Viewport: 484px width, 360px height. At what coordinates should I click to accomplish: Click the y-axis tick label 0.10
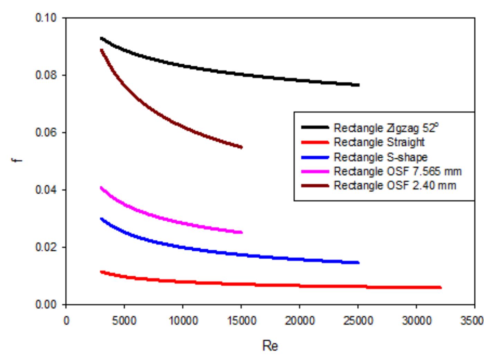coord(46,18)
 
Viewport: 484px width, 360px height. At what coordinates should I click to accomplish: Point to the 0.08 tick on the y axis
coord(46,75)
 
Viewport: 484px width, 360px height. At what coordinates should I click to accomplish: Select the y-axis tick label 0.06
coord(46,133)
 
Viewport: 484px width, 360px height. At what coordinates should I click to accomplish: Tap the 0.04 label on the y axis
coord(46,190)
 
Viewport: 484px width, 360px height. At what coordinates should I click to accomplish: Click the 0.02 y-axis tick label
coord(46,248)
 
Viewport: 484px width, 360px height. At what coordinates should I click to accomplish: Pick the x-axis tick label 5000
coord(124,321)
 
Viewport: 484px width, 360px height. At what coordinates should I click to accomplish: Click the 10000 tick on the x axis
coord(183,321)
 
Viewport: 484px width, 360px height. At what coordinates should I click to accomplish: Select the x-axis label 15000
coord(241,321)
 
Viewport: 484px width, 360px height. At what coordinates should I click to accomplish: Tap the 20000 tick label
coord(300,321)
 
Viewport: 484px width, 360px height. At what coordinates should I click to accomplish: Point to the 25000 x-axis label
coord(358,321)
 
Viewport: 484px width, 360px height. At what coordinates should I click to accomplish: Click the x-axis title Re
coord(270,346)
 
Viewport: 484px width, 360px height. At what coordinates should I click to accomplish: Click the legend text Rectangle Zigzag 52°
coord(386,128)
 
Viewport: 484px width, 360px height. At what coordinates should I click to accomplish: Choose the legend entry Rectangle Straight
coord(379,142)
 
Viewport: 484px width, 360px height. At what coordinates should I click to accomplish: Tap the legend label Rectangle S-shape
coord(380,157)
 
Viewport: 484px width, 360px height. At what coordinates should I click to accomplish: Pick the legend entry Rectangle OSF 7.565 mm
coord(398,172)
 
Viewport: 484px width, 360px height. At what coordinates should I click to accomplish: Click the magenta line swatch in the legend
coord(315,172)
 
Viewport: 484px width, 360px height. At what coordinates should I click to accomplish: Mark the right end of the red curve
coord(441,287)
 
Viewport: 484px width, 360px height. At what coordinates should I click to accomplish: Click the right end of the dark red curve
coord(241,147)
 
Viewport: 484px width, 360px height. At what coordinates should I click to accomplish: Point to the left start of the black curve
coord(101,38)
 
